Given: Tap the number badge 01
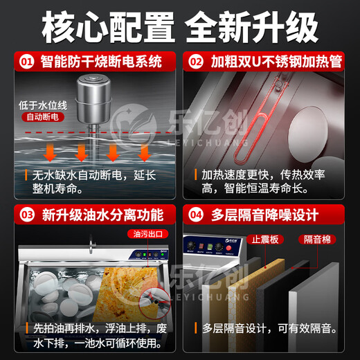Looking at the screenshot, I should [26, 62].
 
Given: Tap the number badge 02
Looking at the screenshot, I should [197, 62].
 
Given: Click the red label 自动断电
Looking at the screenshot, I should [42, 118].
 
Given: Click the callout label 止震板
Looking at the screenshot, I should [264, 238].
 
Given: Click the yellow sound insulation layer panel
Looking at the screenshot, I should [267, 284].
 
